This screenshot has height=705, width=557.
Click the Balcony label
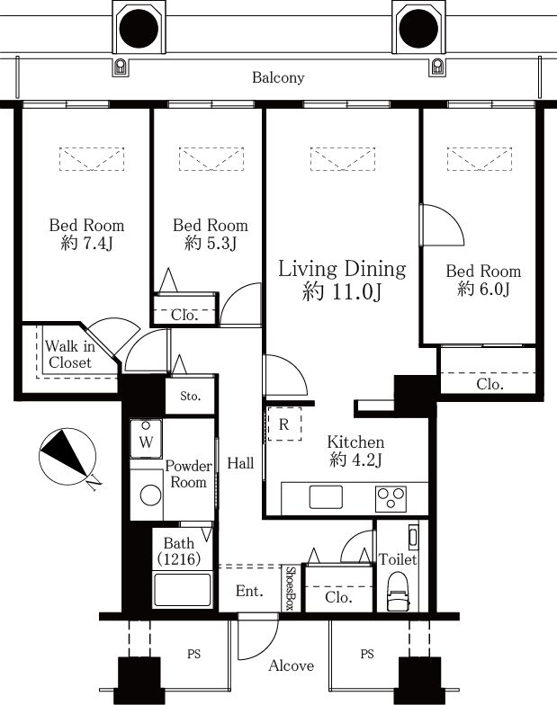point(278,77)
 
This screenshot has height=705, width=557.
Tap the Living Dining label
point(342,269)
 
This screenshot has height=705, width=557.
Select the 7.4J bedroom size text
point(86,243)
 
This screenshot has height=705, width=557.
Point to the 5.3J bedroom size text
point(211,243)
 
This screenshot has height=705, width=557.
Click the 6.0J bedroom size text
point(484,289)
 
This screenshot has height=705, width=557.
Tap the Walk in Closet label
point(70,354)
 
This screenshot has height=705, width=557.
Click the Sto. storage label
point(190,396)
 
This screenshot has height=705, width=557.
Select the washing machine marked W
point(146,439)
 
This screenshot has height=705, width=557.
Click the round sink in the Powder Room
point(151,495)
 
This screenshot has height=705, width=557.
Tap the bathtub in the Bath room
point(182,590)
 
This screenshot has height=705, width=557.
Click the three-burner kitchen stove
point(391,498)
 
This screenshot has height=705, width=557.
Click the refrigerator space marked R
point(284,424)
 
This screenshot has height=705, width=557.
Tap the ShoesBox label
point(291,588)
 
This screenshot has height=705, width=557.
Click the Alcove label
point(292,665)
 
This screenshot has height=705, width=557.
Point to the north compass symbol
point(67,457)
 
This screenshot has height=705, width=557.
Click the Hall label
point(240,463)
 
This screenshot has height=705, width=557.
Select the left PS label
point(193,654)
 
